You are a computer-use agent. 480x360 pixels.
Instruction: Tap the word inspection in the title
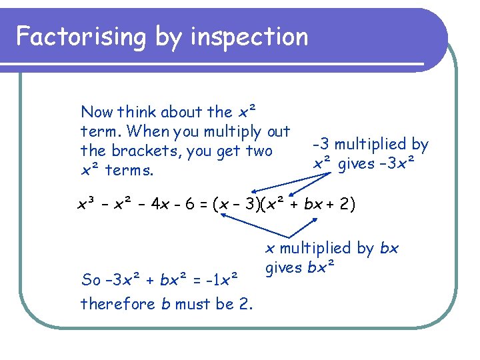coord(249,37)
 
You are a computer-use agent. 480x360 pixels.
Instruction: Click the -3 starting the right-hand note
coord(321,144)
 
